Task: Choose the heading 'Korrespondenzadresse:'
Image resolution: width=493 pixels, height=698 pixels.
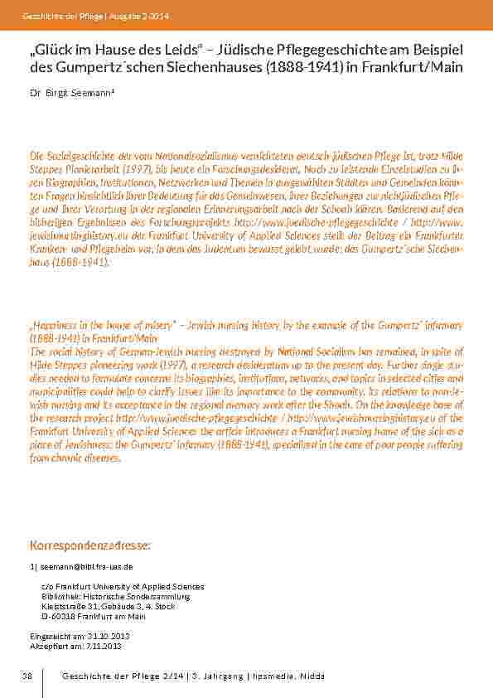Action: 89,546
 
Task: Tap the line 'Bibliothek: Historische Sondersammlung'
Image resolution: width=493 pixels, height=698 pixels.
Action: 116,596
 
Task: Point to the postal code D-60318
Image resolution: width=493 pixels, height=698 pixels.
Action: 56,616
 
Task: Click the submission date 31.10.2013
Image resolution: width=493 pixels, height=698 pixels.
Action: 99,636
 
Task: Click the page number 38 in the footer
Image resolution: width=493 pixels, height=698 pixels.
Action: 27,676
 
